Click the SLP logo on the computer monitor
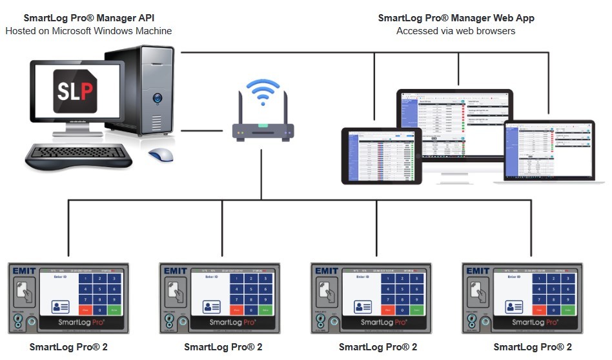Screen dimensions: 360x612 tap(76, 90)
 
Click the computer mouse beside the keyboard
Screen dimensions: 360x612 tap(161, 155)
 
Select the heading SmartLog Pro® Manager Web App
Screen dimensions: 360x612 tap(456, 18)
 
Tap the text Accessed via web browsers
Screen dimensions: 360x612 tap(456, 30)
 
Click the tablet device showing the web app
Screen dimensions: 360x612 tap(381, 155)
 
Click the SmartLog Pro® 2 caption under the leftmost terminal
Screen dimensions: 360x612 tap(68, 347)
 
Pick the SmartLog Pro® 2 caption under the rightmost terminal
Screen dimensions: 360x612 tap(533, 347)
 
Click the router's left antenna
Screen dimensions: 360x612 tap(241, 108)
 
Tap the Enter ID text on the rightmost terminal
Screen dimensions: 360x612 tap(514, 277)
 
